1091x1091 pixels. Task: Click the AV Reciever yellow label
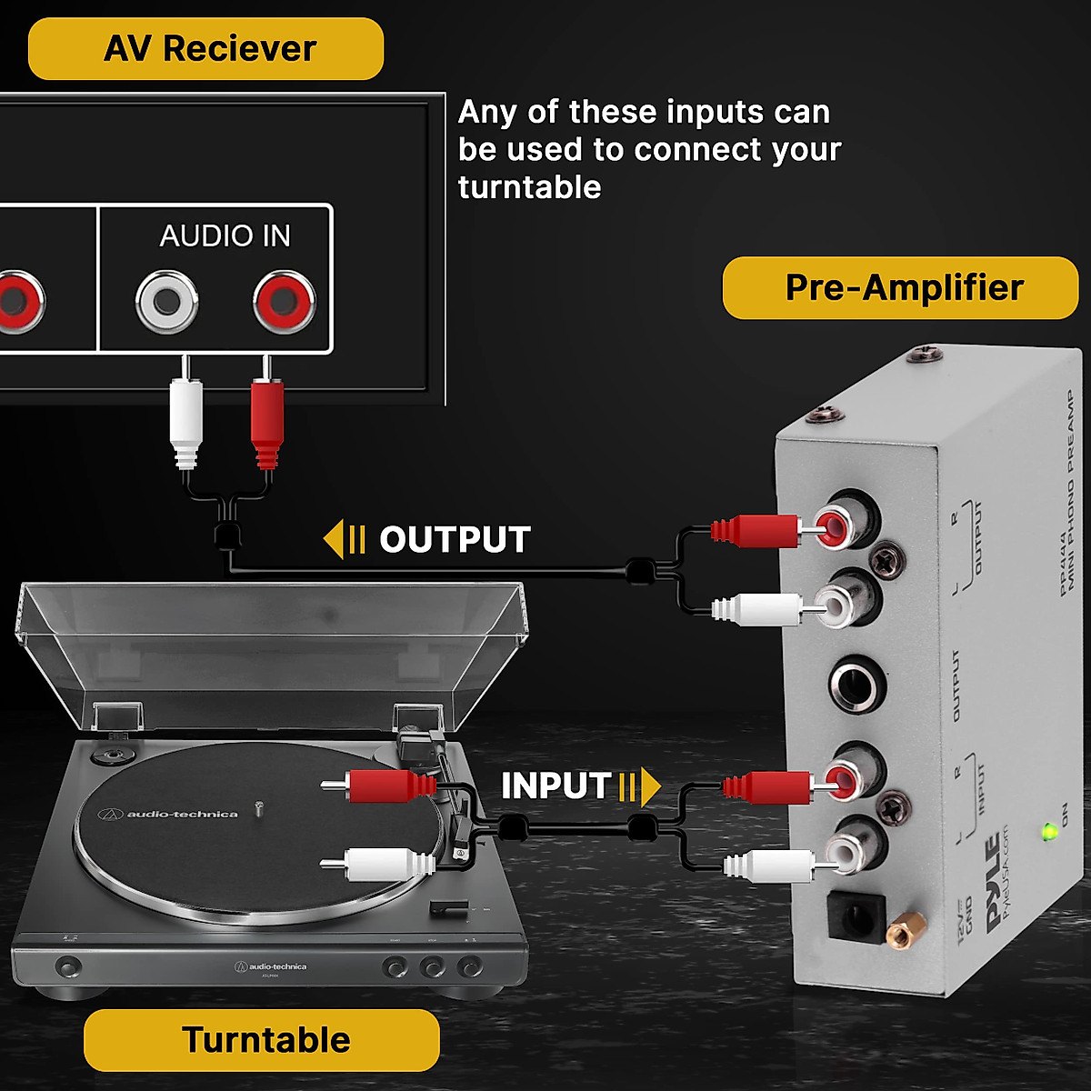tap(205, 49)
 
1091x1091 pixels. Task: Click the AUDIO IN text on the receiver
tap(225, 236)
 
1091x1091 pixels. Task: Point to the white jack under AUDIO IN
tap(167, 301)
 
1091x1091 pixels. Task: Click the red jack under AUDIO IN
tap(285, 301)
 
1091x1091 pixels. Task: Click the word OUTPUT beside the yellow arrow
tap(455, 540)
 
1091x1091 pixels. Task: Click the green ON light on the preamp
tap(1049, 831)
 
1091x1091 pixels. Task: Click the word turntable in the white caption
tap(529, 187)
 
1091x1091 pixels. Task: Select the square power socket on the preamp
tap(853, 919)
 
